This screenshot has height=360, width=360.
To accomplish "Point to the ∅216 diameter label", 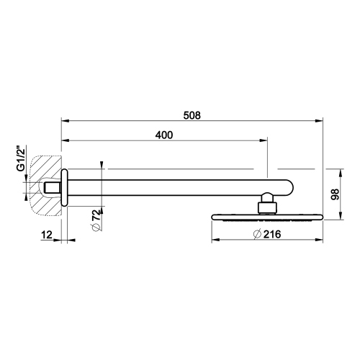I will coord(267,234).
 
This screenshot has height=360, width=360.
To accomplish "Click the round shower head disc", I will coord(266,216).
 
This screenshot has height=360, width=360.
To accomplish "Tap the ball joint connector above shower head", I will coord(267,203).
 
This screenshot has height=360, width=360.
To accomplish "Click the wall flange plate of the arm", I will coord(64,188).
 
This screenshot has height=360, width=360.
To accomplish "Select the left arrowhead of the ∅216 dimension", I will coord(213,240).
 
